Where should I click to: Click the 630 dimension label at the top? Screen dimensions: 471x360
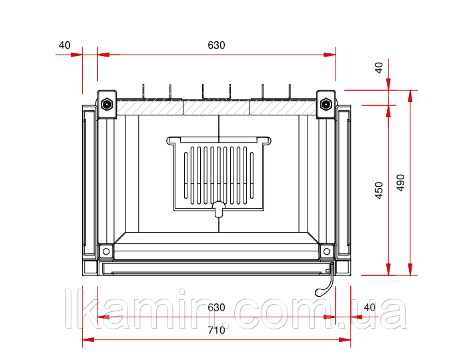pyautogui.click(x=216, y=45)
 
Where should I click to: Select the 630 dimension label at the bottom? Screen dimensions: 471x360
pyautogui.click(x=216, y=307)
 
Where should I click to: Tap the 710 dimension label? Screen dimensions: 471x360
pyautogui.click(x=216, y=330)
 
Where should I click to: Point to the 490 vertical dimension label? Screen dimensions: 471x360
pyautogui.click(x=401, y=183)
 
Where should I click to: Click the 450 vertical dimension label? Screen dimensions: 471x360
pyautogui.click(x=379, y=191)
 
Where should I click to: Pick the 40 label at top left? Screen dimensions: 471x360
pyautogui.click(x=65, y=45)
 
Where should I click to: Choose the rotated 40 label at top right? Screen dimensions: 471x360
pyautogui.click(x=379, y=67)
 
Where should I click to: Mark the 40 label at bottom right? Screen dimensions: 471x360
pyautogui.click(x=370, y=307)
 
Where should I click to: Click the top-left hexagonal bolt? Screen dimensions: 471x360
pyautogui.click(x=107, y=105)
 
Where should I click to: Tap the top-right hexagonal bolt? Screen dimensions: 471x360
pyautogui.click(x=326, y=105)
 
